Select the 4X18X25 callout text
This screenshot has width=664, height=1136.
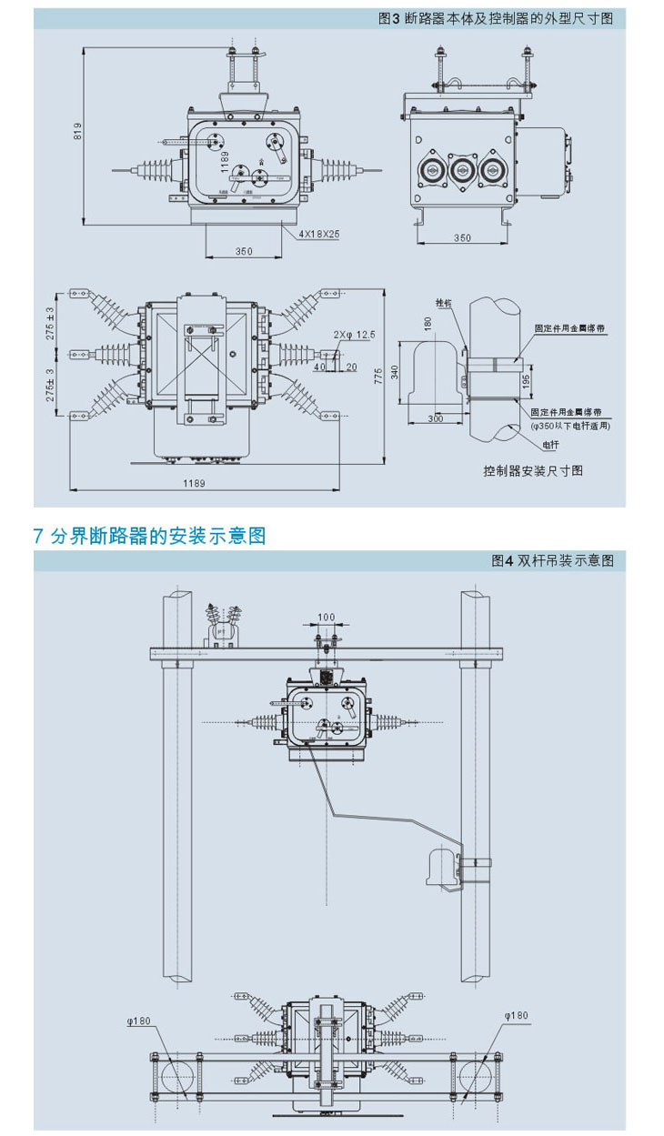319,233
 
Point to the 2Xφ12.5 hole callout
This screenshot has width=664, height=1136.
353,335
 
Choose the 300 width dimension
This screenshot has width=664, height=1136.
436,417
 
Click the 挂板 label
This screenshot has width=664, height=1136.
443,303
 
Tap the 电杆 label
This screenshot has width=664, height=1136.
550,445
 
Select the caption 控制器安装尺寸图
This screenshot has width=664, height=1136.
532,470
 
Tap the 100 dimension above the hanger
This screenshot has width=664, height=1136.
326,618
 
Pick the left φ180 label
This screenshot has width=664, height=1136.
138,1020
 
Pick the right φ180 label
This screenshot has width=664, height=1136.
516,1015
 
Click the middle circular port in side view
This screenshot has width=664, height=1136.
461,168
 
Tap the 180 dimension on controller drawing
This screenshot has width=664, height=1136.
427,324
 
